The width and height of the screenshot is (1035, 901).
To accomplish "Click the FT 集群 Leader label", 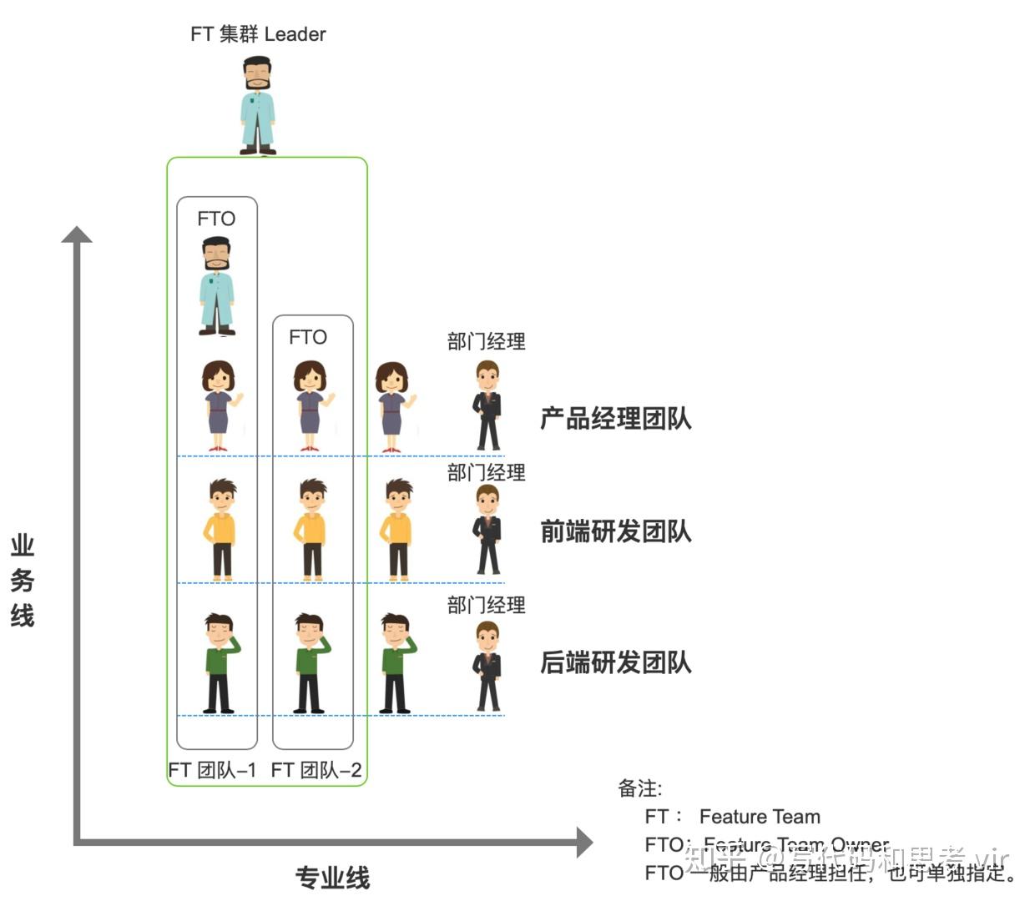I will [x=258, y=34].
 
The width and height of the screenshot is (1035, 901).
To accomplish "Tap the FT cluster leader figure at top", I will [x=258, y=105].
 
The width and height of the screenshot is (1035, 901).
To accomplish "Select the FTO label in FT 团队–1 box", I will [x=216, y=219].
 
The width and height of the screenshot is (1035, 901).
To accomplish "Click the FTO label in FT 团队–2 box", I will [x=308, y=337].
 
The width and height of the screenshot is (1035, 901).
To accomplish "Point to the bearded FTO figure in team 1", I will [x=217, y=285].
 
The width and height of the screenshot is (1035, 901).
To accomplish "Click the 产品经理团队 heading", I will [x=616, y=418].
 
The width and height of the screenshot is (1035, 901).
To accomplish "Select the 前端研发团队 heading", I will [x=616, y=531].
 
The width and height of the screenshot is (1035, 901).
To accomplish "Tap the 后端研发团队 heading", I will [x=616, y=662].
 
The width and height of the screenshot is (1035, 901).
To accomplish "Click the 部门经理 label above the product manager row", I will [x=486, y=341].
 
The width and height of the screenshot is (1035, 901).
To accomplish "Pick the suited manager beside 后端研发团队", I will [x=487, y=667].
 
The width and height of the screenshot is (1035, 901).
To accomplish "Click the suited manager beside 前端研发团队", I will [x=487, y=531].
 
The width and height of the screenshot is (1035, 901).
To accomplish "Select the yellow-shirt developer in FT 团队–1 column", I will [x=220, y=529].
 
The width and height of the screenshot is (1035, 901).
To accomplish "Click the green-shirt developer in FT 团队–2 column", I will [x=310, y=663].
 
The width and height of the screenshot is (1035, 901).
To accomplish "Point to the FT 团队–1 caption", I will [x=212, y=770].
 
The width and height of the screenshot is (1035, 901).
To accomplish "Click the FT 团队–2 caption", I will [x=316, y=770].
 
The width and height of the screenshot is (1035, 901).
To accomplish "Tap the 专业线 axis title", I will [x=332, y=878].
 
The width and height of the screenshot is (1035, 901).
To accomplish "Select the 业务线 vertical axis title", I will [x=23, y=581].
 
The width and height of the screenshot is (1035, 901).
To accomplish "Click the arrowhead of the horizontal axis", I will [x=583, y=842].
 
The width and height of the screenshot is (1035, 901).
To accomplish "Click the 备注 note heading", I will [x=639, y=788].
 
